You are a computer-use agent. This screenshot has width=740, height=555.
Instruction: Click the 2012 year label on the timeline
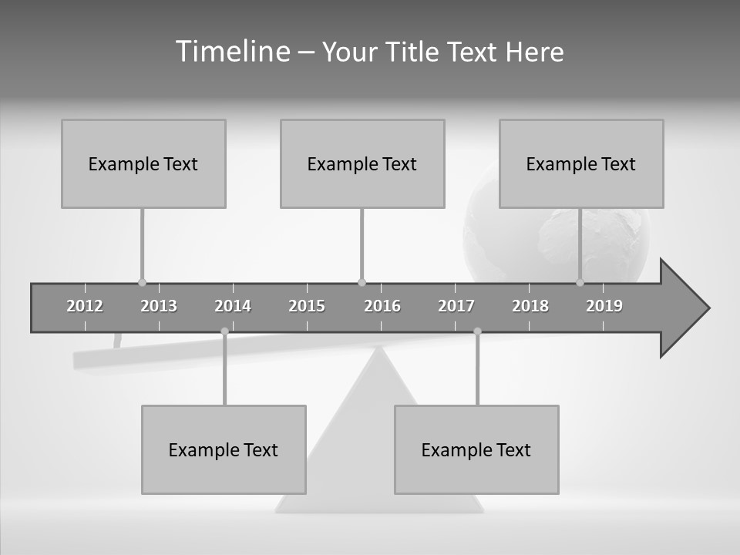[x=85, y=306]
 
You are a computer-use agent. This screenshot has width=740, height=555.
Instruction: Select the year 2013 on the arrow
[x=159, y=306]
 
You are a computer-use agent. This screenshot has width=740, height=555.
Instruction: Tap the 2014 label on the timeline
[x=233, y=306]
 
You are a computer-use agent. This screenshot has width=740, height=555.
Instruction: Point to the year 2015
[x=307, y=306]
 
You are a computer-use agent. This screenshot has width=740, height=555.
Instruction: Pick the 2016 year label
[x=382, y=306]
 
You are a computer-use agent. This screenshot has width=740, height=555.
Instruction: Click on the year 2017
[x=456, y=306]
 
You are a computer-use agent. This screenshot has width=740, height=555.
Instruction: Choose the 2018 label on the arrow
[x=530, y=306]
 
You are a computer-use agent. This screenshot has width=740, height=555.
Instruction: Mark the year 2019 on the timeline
[x=604, y=306]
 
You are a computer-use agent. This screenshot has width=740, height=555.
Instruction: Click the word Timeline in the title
[x=232, y=52]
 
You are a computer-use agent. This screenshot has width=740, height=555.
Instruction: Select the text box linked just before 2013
[x=143, y=163]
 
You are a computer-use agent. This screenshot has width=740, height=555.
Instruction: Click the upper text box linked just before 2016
[x=362, y=163]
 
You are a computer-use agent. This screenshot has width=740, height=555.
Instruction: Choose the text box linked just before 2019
[x=581, y=163]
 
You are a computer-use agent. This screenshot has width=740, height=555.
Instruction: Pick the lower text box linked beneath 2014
[x=224, y=449]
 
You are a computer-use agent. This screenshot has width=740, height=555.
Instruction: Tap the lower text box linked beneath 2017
[x=476, y=449]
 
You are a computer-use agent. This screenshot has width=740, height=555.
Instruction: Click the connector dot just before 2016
[x=362, y=282]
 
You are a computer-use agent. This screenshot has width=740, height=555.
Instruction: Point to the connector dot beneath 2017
[x=477, y=331]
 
